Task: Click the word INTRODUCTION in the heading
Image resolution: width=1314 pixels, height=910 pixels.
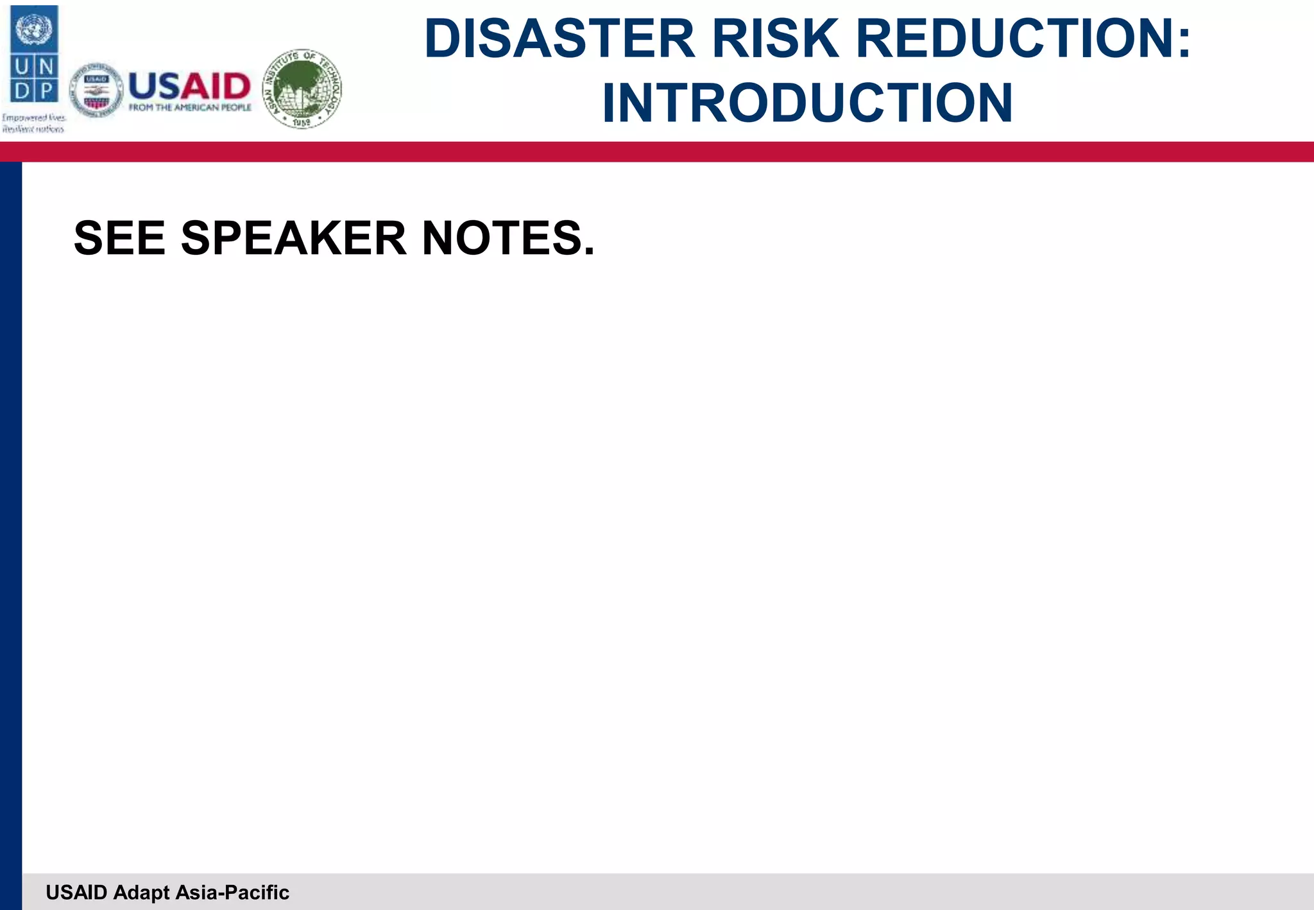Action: (x=807, y=103)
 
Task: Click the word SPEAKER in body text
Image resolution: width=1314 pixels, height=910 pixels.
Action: (x=294, y=239)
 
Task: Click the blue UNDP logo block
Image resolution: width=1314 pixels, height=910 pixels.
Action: (x=34, y=54)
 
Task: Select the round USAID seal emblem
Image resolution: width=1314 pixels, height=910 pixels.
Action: (x=96, y=90)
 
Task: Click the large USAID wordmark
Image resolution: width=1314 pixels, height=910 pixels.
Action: (x=190, y=85)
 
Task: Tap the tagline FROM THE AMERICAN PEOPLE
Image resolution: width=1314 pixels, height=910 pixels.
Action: (x=190, y=108)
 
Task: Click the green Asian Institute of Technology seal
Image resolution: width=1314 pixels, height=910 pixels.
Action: (x=303, y=89)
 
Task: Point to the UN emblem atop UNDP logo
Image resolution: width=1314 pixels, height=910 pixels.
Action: (x=34, y=28)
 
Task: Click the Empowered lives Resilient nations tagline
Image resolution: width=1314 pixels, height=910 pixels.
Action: (x=33, y=123)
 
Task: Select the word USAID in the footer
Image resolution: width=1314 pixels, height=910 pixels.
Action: (x=76, y=893)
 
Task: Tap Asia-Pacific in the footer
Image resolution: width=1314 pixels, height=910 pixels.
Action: (x=232, y=893)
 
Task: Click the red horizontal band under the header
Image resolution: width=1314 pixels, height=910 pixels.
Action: (x=657, y=152)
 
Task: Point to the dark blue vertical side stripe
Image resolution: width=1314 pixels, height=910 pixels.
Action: (x=11, y=513)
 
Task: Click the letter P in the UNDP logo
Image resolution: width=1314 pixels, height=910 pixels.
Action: (x=46, y=90)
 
